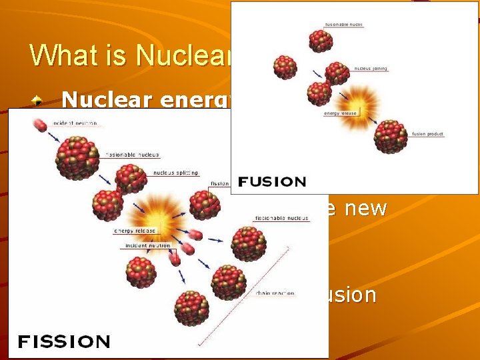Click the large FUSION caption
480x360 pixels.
[271, 181]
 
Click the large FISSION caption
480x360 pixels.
[63, 342]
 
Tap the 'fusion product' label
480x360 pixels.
[428, 135]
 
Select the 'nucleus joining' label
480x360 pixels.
[371, 68]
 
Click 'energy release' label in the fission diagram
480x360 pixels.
[134, 231]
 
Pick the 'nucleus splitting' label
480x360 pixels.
[176, 172]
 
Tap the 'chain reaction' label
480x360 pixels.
[273, 293]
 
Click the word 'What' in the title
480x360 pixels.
[59, 55]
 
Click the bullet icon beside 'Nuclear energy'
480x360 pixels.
[39, 101]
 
